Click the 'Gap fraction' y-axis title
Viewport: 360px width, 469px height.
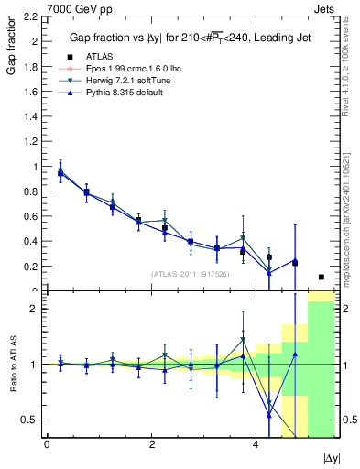(x=12, y=49)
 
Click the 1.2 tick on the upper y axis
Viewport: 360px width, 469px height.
(x=31, y=142)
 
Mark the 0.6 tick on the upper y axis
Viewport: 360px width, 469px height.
(x=31, y=217)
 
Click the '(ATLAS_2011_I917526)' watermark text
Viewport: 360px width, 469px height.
(x=191, y=273)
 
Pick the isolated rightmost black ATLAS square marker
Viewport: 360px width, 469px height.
(x=321, y=277)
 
